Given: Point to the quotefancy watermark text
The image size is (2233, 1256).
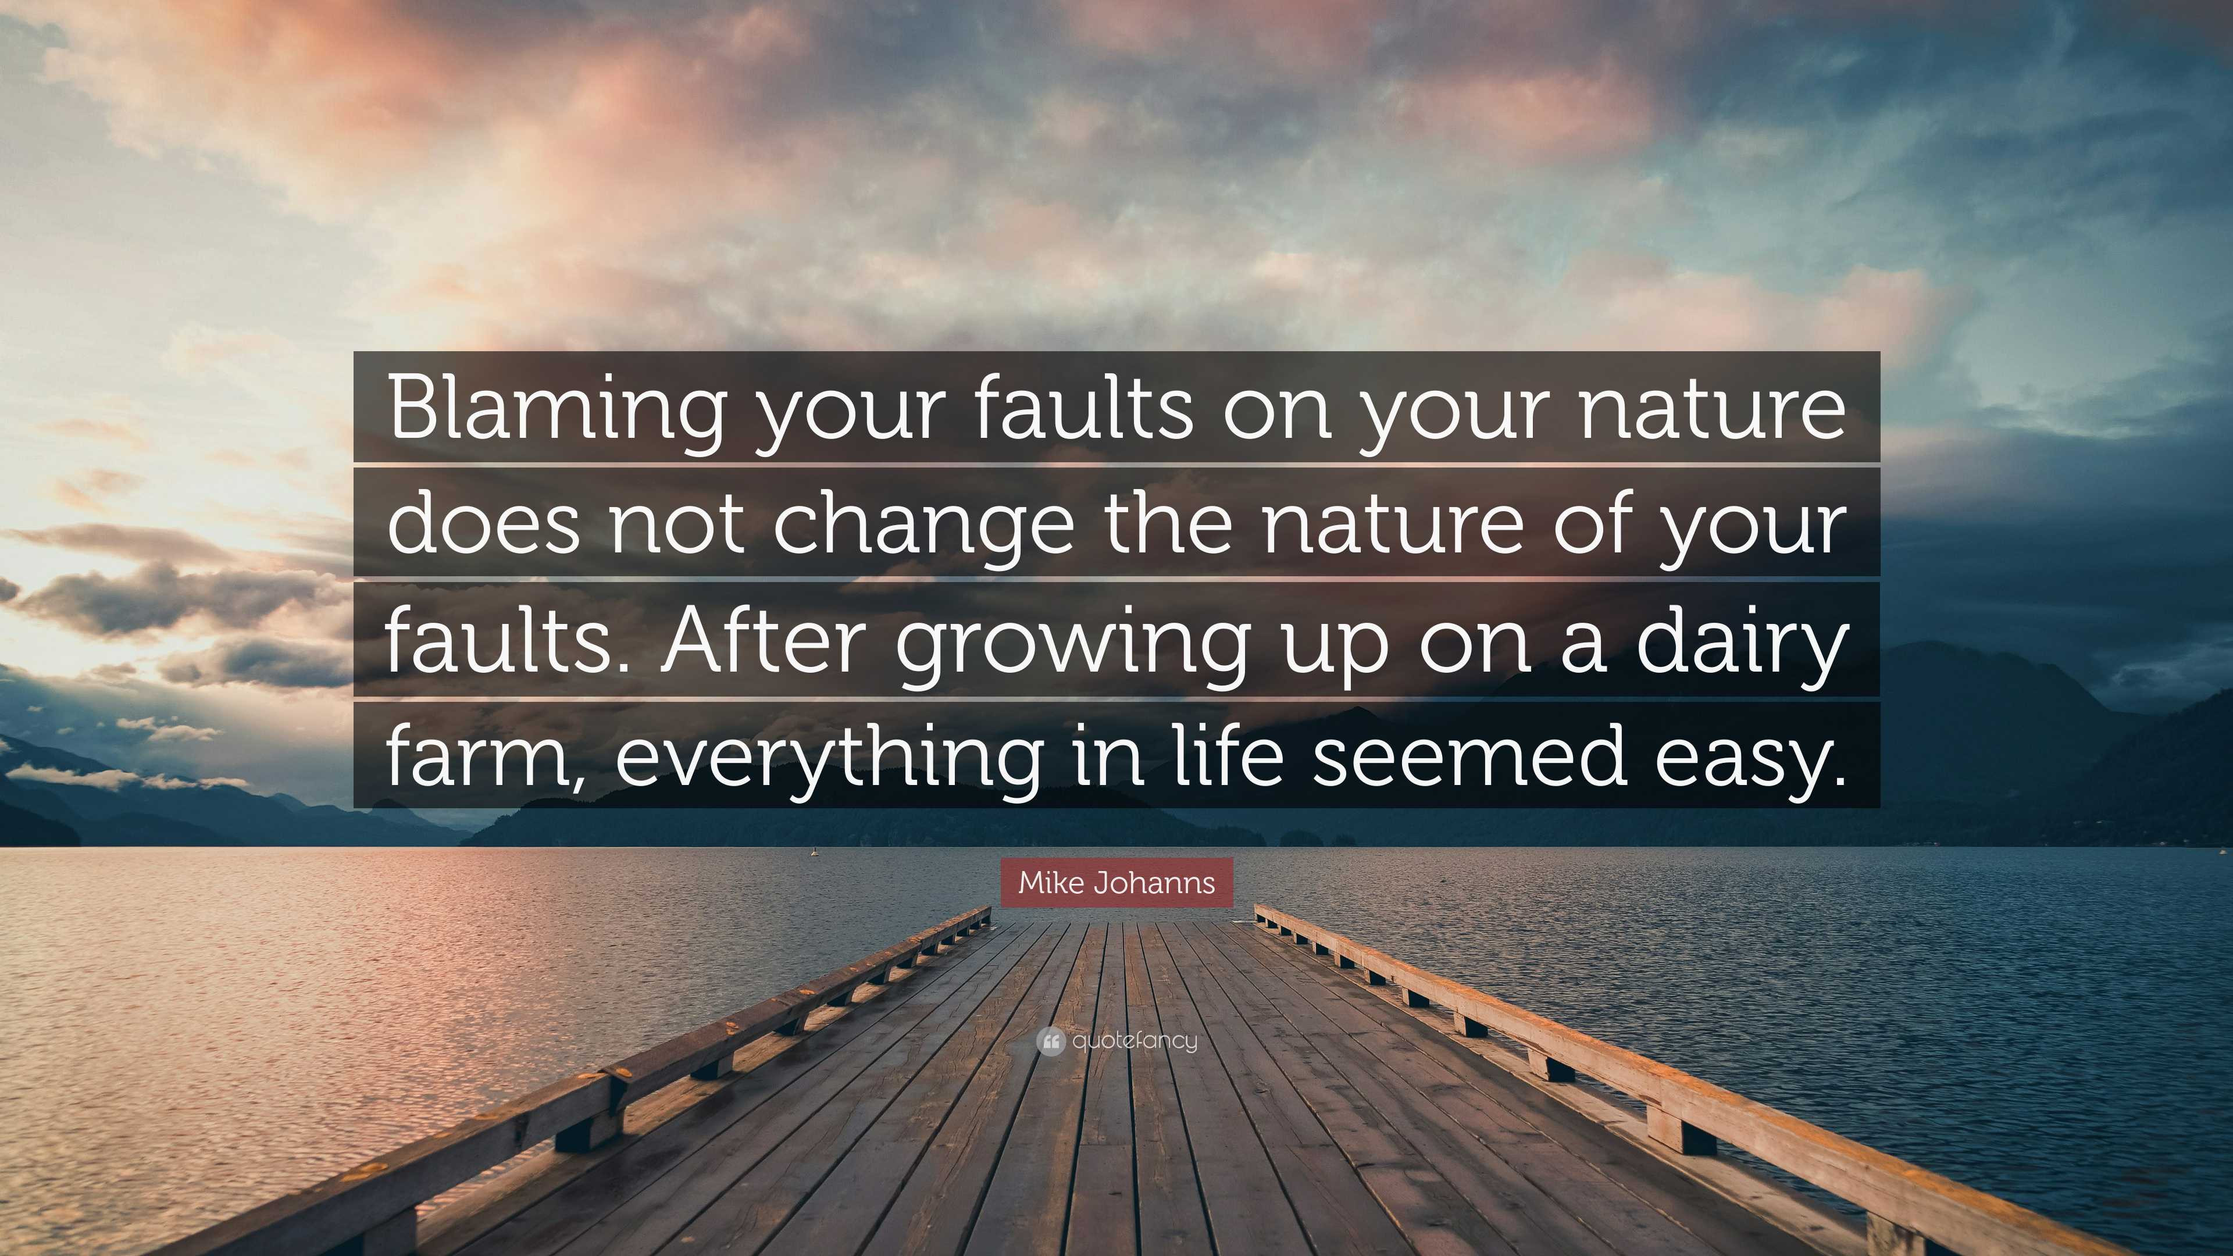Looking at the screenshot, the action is point(1135,1041).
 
